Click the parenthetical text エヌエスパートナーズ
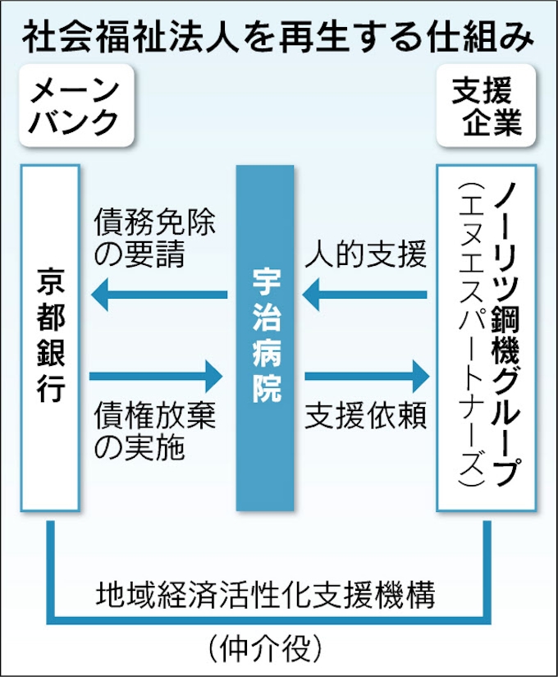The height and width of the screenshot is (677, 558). [x=469, y=336]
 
